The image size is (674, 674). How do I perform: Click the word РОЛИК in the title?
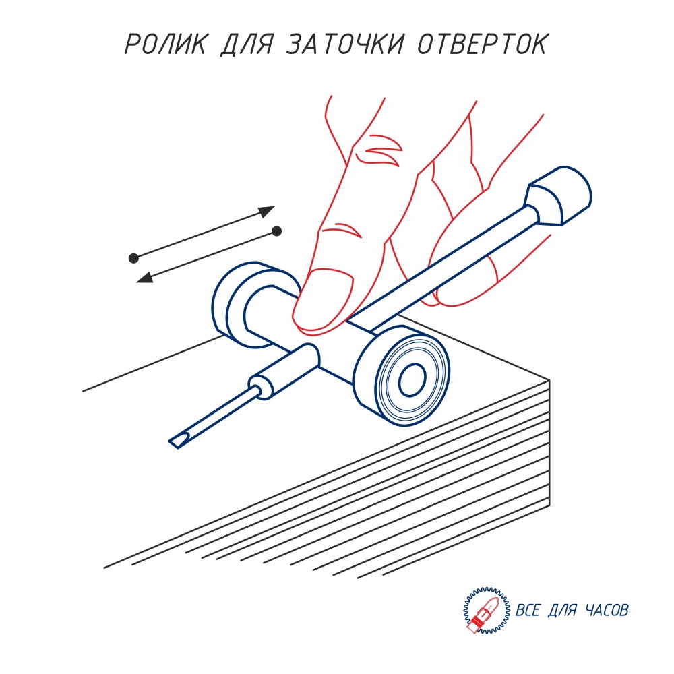[x=166, y=43]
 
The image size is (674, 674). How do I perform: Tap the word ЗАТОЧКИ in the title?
[x=345, y=43]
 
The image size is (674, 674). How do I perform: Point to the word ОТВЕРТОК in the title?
[x=483, y=43]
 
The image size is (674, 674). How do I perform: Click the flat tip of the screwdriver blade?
[x=177, y=442]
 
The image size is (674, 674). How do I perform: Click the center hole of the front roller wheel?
[x=412, y=379]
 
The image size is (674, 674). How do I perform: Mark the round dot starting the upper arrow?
[x=133, y=258]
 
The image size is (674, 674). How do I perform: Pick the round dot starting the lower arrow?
[x=277, y=231]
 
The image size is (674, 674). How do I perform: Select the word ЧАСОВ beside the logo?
[x=606, y=610]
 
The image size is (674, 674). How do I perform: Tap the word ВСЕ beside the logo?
[x=527, y=610]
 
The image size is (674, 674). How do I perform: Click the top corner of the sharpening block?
[x=549, y=380]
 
